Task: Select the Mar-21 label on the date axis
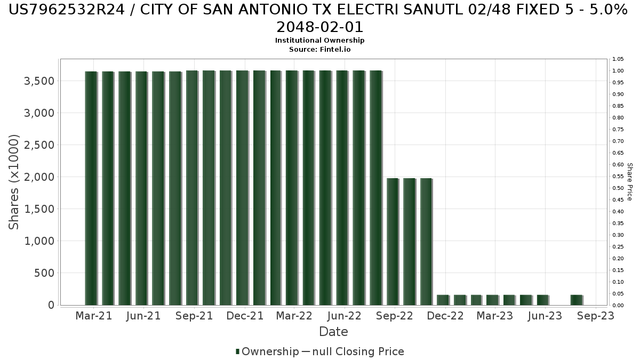coord(93,316)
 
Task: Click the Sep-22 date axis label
coord(395,316)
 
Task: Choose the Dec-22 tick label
coord(445,316)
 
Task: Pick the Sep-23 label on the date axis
coord(596,316)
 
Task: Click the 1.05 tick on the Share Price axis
coord(618,59)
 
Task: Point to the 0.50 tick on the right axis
coord(618,188)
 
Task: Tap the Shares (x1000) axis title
coord(14,182)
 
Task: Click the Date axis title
coord(333,332)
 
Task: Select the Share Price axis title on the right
coord(630,182)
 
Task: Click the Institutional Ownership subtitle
coord(319,41)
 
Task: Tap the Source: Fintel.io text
coord(319,49)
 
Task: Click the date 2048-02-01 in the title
coord(319,27)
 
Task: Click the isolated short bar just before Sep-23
coord(576,300)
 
